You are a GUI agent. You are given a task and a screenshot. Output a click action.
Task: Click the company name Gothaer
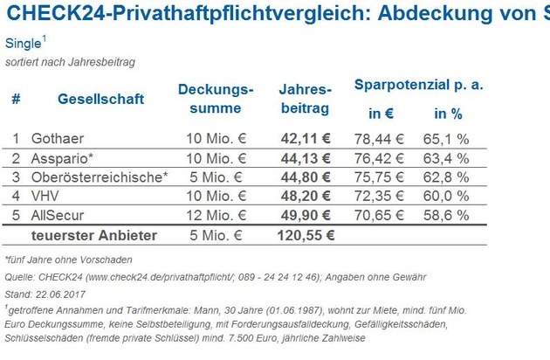click(x=56, y=138)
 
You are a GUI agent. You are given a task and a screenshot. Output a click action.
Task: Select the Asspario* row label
click(x=60, y=158)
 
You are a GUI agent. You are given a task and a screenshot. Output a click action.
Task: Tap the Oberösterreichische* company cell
click(x=99, y=177)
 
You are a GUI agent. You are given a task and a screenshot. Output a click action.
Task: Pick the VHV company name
click(x=46, y=197)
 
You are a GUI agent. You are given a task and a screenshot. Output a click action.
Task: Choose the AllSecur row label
click(x=58, y=216)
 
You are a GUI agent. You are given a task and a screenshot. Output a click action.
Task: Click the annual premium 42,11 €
click(x=306, y=138)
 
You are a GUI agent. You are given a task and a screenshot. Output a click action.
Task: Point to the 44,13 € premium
click(x=306, y=158)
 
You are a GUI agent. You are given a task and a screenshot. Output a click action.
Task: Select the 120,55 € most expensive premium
click(x=304, y=235)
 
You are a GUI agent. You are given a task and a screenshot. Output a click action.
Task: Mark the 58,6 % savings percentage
click(x=450, y=216)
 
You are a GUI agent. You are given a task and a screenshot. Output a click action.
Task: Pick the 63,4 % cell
click(x=450, y=158)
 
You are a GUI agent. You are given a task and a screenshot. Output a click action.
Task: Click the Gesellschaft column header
click(x=100, y=99)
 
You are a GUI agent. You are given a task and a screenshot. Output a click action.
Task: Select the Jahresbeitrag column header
click(x=305, y=99)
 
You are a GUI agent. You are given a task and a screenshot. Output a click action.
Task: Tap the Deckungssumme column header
click(x=216, y=99)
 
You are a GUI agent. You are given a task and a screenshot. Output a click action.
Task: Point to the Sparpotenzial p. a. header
click(x=418, y=86)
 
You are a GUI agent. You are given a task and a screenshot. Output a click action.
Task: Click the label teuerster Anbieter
click(x=94, y=235)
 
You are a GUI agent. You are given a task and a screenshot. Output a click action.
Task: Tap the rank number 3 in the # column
click(x=16, y=177)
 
